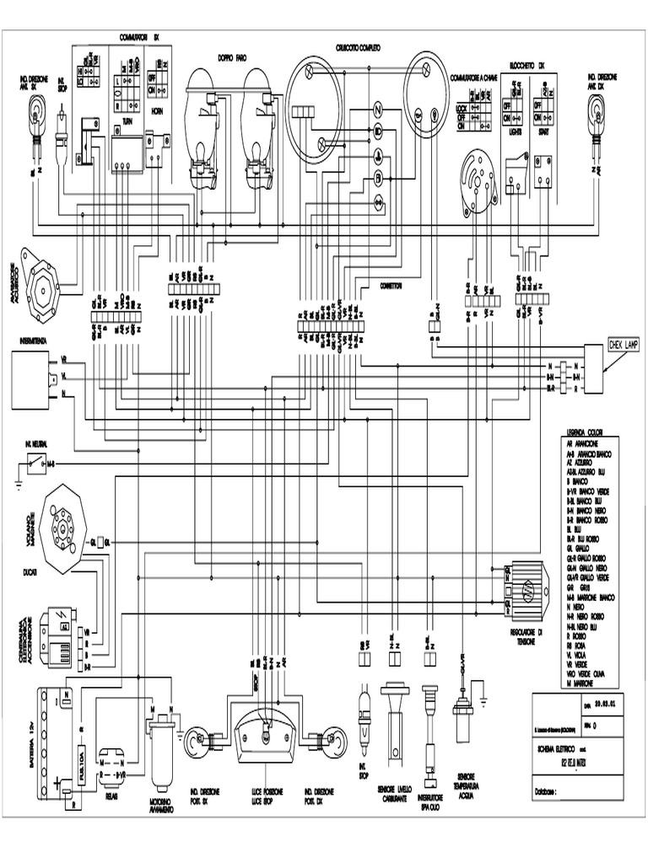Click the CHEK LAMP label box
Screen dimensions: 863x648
coord(624,346)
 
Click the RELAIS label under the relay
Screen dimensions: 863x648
coord(111,794)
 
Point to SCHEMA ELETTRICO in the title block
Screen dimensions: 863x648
coord(561,748)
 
